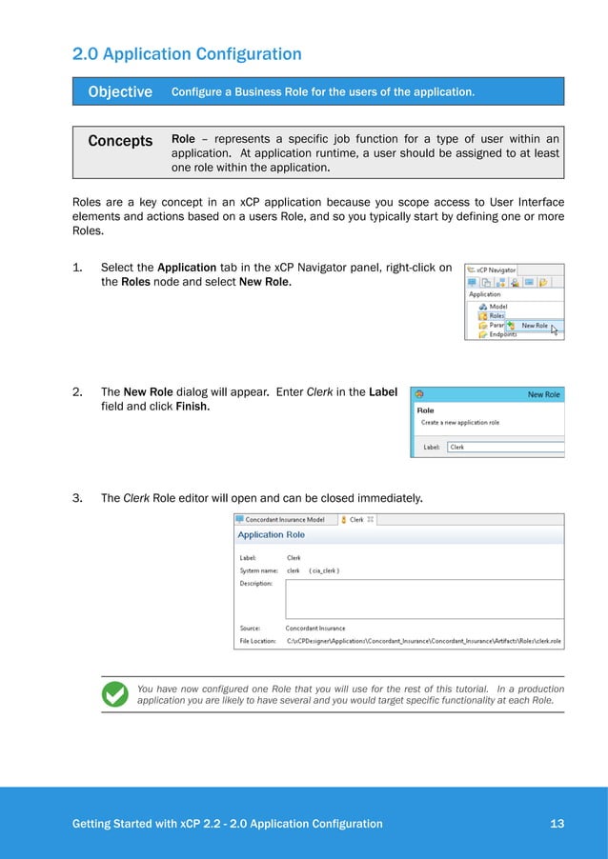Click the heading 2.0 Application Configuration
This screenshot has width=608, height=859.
tap(187, 54)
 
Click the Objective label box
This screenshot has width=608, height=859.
tap(120, 92)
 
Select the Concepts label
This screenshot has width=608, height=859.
tap(120, 141)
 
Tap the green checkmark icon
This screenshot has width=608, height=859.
tap(115, 694)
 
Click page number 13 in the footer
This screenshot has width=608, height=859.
tap(557, 824)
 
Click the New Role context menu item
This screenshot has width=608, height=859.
tap(534, 326)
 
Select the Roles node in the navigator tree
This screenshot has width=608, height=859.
tap(497, 316)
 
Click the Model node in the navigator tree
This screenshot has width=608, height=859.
tap(497, 307)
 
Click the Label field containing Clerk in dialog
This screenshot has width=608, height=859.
tap(505, 447)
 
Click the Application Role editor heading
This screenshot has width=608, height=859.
tap(272, 535)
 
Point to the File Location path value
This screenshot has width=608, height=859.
tap(424, 642)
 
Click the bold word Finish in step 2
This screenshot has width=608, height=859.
tap(193, 406)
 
